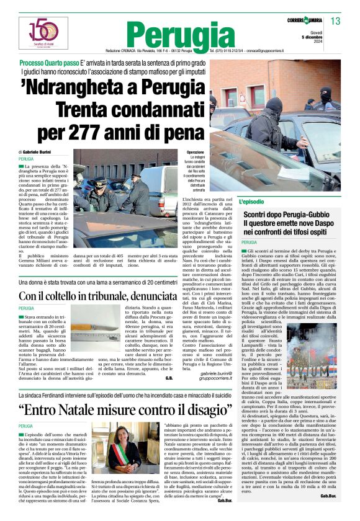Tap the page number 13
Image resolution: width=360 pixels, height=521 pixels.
pos(336,22)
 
